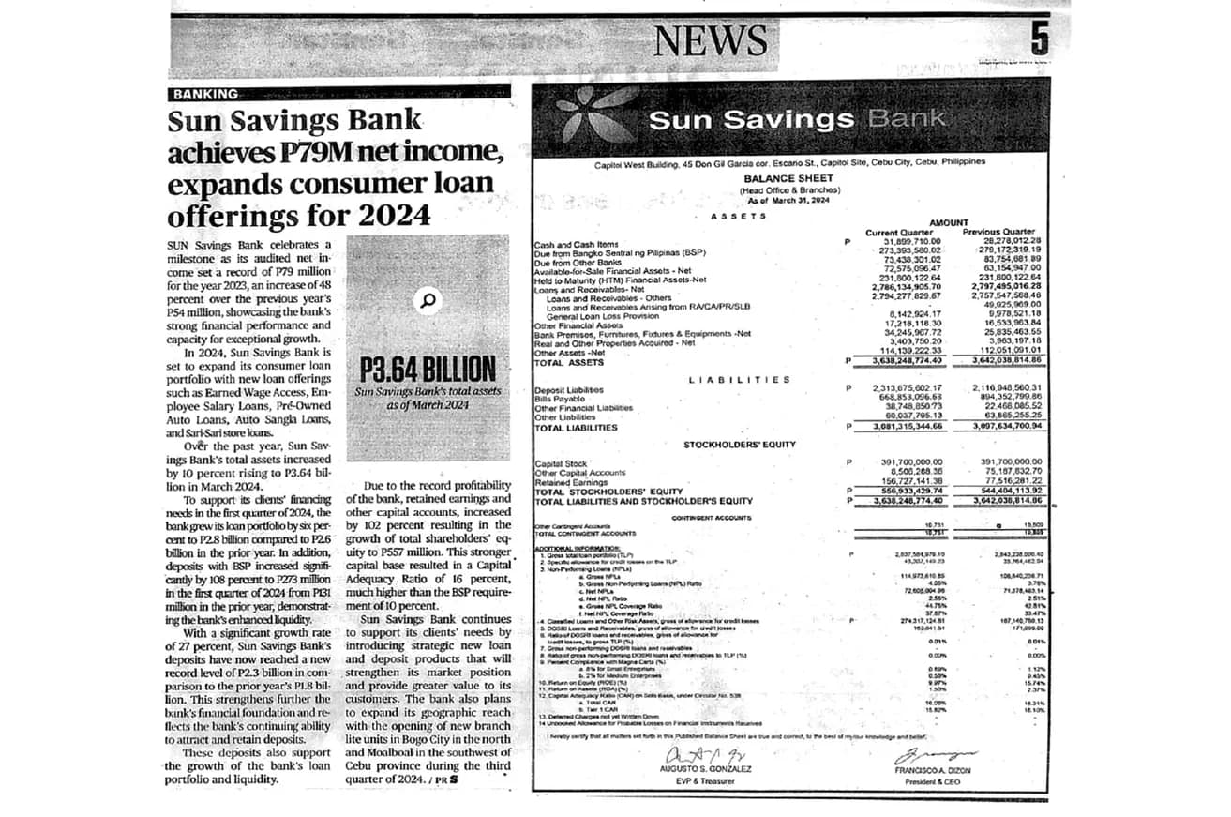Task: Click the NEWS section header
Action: (x=711, y=39)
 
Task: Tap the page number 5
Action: (x=1040, y=39)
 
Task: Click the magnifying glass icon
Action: (x=428, y=300)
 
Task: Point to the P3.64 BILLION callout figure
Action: (x=428, y=367)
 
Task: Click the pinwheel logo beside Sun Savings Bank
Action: (x=593, y=120)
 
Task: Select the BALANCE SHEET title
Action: (x=781, y=178)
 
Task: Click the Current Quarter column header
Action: (x=899, y=232)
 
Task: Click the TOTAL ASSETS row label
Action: (x=569, y=362)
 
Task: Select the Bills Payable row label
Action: (x=560, y=399)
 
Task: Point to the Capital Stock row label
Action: (x=561, y=463)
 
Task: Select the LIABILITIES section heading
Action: (x=739, y=380)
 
